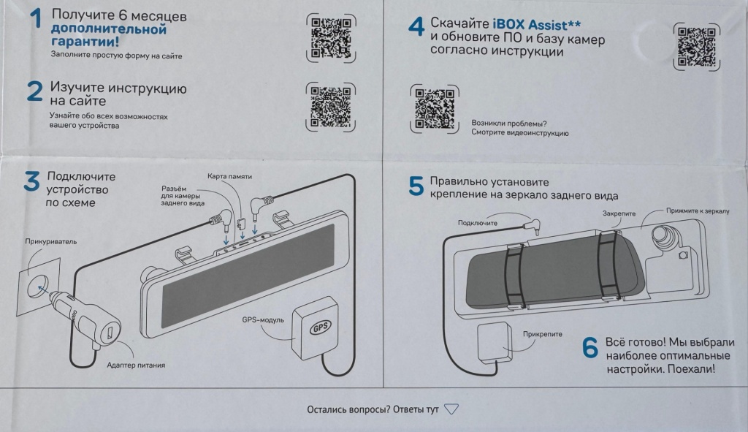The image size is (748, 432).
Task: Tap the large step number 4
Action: (416, 27)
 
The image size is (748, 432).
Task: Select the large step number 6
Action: (590, 348)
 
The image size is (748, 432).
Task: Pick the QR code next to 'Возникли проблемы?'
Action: (435, 109)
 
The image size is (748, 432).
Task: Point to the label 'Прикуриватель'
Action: (50, 241)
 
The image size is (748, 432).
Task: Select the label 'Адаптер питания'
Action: (136, 365)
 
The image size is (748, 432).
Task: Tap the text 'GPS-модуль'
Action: (262, 319)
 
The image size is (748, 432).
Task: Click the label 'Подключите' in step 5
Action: (478, 222)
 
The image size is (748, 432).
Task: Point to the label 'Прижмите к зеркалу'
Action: (698, 211)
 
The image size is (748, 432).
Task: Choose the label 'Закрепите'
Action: (620, 213)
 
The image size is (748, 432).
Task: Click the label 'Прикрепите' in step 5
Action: (543, 334)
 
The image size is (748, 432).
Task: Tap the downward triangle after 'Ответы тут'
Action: (451, 409)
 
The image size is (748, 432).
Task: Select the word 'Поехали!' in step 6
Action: (690, 369)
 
